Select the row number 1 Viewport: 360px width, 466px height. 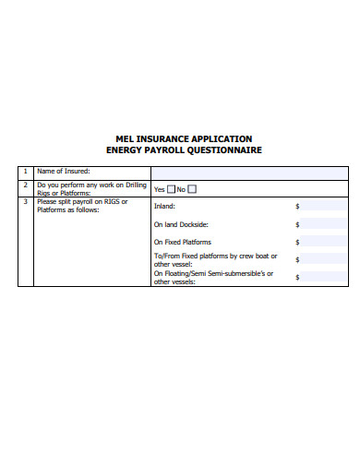point(25,172)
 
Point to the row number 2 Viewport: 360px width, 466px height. point(25,185)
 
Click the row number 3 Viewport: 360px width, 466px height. point(25,201)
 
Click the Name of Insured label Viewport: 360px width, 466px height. point(63,172)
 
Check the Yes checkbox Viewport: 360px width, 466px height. point(171,189)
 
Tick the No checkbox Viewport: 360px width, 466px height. point(192,189)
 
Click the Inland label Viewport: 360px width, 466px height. point(164,207)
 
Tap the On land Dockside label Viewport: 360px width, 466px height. point(181,224)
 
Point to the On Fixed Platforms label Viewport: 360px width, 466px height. point(182,242)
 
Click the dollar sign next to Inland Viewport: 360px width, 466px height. point(297,207)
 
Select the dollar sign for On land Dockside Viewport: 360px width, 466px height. point(297,224)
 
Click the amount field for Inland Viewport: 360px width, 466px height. point(326,207)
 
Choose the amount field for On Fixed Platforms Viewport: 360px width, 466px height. point(326,242)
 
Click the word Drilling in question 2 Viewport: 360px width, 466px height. point(137,185)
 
